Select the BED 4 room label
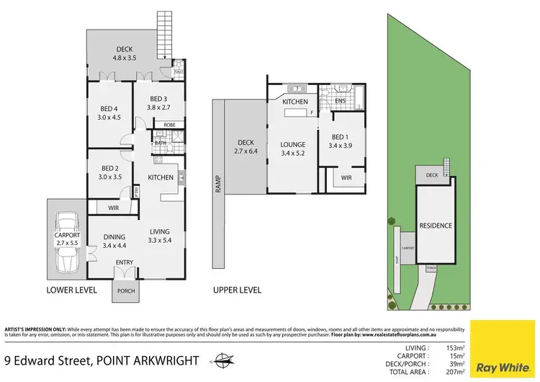[x=109, y=110]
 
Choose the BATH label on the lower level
[x=160, y=143]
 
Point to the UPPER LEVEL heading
[x=237, y=290]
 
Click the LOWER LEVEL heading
[x=71, y=290]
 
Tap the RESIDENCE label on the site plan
[x=436, y=226]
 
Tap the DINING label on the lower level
[x=114, y=237]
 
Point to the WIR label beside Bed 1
[x=346, y=177]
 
